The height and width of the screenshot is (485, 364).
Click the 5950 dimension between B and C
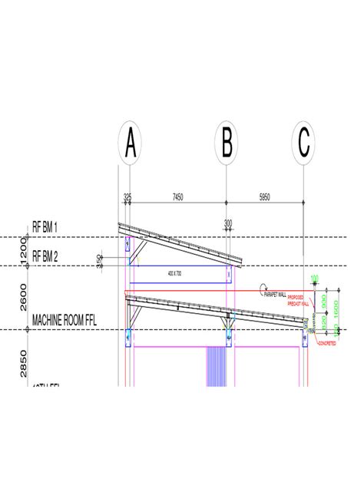[x=264, y=197]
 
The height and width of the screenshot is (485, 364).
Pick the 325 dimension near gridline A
[x=127, y=197]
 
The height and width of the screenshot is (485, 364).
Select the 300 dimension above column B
[x=227, y=223]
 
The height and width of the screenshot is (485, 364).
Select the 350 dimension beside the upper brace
[x=100, y=262]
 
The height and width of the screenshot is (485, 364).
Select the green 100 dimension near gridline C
[x=313, y=279]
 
